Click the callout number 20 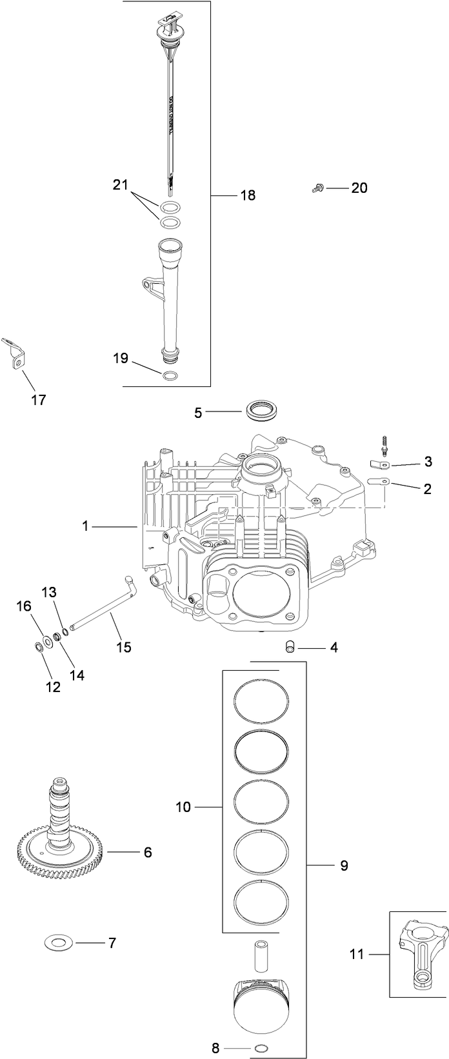click(359, 188)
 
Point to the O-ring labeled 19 click(170, 376)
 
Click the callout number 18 click(248, 195)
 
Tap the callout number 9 click(344, 866)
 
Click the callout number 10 click(183, 806)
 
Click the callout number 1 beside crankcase click(85, 526)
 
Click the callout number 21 click(121, 186)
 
